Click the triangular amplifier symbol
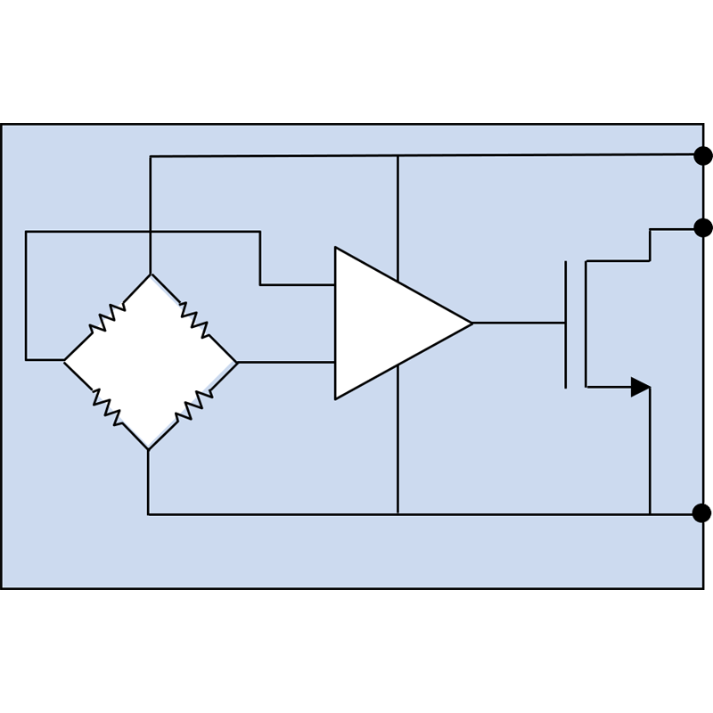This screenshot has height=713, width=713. tap(392, 323)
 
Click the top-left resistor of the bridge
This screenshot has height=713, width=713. tap(107, 317)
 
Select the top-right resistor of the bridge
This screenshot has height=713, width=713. tap(194, 318)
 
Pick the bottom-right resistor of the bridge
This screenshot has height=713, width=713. tap(193, 406)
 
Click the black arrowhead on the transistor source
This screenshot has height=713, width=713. tap(640, 387)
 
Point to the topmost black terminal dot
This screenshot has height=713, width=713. tap(702, 156)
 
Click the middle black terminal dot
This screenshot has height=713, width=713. tap(702, 228)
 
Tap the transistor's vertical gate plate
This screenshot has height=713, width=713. tap(565, 324)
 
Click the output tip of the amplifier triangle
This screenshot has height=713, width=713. tap(471, 323)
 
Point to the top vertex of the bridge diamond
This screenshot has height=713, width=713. tap(151, 275)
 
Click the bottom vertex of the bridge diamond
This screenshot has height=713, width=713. tap(148, 449)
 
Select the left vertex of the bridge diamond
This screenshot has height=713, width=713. tap(64, 360)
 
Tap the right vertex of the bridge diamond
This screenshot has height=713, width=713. tap(237, 362)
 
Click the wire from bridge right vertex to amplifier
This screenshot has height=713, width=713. tap(285, 362)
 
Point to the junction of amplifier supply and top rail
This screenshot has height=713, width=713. tap(397, 156)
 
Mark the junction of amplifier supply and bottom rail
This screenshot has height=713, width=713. tap(397, 514)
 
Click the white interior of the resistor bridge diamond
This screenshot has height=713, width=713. tap(150, 362)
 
